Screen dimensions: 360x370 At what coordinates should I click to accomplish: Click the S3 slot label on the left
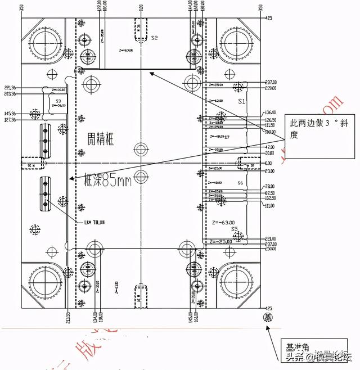pyautogui.click(x=58, y=101)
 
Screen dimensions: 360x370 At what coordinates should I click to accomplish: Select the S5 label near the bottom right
pyautogui.click(x=234, y=229)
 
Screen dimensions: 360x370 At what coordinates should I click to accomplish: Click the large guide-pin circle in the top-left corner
pyautogui.click(x=43, y=42)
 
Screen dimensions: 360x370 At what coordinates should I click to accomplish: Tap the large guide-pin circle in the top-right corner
pyautogui.click(x=237, y=41)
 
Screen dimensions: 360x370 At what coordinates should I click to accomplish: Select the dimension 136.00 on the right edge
pyautogui.click(x=271, y=112)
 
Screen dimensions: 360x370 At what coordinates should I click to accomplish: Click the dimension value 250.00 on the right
pyautogui.click(x=271, y=249)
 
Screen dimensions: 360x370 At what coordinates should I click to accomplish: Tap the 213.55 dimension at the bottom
pyautogui.click(x=68, y=318)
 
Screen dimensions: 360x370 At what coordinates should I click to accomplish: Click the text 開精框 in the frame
pyautogui.click(x=101, y=139)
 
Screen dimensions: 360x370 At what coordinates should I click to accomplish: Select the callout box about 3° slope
pyautogui.click(x=318, y=129)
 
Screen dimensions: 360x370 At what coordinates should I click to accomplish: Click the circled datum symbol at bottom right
pyautogui.click(x=268, y=318)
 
